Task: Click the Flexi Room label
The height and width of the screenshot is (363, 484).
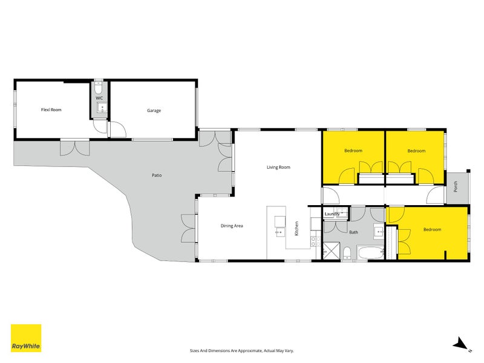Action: pos(51,110)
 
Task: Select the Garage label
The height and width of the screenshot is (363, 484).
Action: pos(153,111)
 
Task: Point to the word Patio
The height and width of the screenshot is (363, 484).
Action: pos(156,175)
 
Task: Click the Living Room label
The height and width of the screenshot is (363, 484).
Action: pos(278,167)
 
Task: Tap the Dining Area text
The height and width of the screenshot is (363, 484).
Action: pos(232,226)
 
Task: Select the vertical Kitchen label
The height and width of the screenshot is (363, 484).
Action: pos(297,228)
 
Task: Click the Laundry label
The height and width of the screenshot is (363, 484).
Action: pos(332,214)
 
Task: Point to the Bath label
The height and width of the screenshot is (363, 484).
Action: pos(353,232)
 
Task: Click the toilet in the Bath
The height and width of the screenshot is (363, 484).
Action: pos(347,253)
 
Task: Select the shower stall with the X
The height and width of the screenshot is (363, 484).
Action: pos(332,250)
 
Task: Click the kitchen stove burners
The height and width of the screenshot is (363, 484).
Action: pos(315,240)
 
